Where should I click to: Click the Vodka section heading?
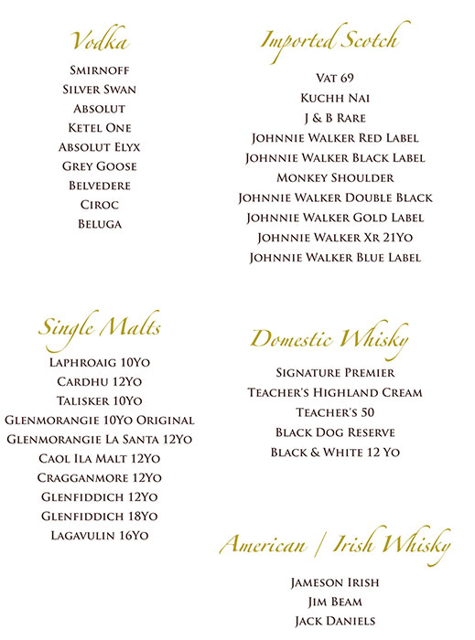(x=99, y=41)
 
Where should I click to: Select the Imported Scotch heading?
(x=329, y=40)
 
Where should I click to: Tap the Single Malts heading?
(x=100, y=326)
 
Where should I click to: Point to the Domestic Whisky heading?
(x=329, y=339)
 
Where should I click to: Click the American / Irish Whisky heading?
(x=335, y=546)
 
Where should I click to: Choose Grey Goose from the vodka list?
(x=100, y=166)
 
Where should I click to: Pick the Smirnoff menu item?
(x=100, y=70)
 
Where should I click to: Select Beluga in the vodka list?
(x=100, y=224)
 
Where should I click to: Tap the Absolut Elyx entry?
(x=100, y=147)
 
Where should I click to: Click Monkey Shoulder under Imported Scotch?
(x=335, y=177)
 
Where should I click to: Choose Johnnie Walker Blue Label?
(x=335, y=258)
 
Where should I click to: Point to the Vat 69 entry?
(x=335, y=78)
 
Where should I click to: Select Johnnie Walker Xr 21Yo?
(x=335, y=238)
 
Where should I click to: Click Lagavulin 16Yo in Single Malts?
(x=100, y=536)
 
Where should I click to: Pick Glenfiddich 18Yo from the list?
(x=100, y=517)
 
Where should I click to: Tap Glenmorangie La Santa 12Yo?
(x=100, y=440)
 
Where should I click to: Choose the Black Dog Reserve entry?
(x=335, y=432)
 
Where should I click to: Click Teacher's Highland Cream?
(x=335, y=392)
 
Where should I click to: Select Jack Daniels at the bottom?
(x=335, y=621)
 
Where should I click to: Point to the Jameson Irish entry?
(x=335, y=582)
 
